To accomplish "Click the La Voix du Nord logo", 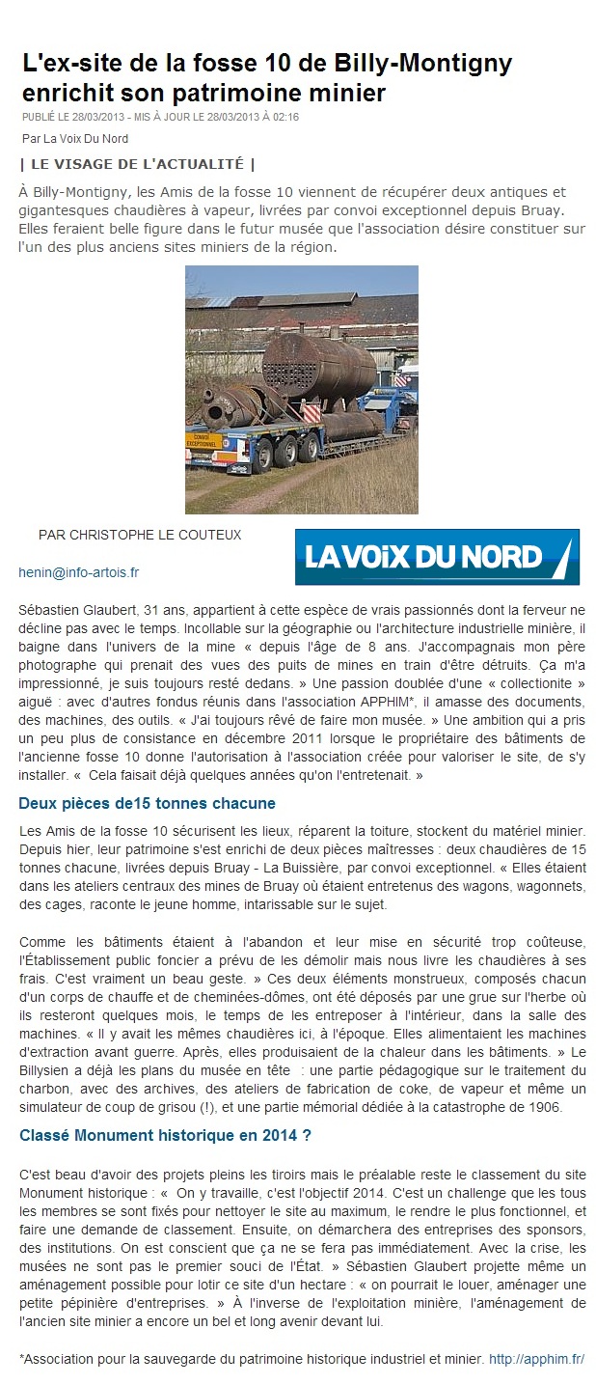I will tap(437, 557).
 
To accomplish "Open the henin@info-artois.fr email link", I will tap(79, 572).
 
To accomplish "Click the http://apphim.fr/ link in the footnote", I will tap(536, 1359).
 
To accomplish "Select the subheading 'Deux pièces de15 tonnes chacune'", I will tap(147, 803).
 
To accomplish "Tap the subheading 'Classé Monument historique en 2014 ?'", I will tap(165, 1136).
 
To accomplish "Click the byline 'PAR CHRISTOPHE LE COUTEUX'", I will tap(140, 535).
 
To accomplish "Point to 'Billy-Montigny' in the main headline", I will tap(423, 65).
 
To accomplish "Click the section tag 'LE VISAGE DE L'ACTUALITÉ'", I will tap(137, 163).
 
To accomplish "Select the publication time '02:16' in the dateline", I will tap(285, 118).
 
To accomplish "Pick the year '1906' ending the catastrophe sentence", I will tap(569, 1106).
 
